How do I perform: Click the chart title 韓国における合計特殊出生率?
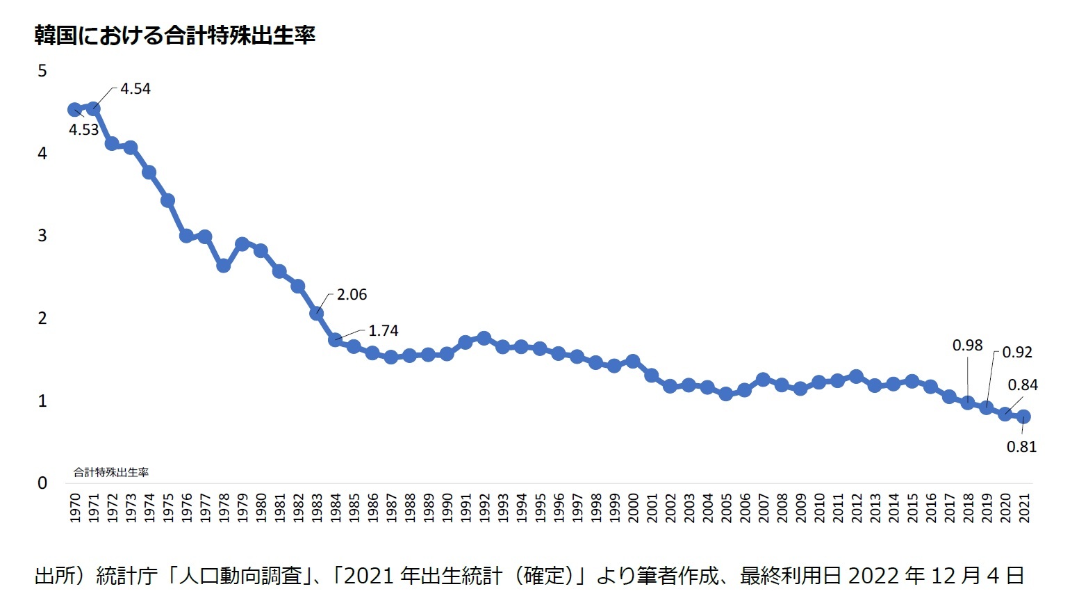pyautogui.click(x=174, y=35)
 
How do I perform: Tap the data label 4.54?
pyautogui.click(x=135, y=89)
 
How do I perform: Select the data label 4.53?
pyautogui.click(x=83, y=130)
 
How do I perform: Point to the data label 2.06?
pyautogui.click(x=352, y=295)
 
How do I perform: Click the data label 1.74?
pyautogui.click(x=384, y=331)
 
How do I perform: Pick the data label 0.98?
pyautogui.click(x=967, y=346)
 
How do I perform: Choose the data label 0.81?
pyautogui.click(x=1021, y=447)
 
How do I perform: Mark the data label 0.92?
pyautogui.click(x=1017, y=353)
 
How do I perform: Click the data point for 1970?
pyautogui.click(x=74, y=110)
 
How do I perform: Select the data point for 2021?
pyautogui.click(x=1023, y=417)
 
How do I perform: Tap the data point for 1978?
pyautogui.click(x=223, y=266)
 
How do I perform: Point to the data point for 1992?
pyautogui.click(x=484, y=339)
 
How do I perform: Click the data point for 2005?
pyautogui.click(x=726, y=394)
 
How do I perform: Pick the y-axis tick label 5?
pyautogui.click(x=42, y=71)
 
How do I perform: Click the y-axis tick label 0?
pyautogui.click(x=42, y=483)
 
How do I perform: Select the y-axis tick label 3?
pyautogui.click(x=42, y=236)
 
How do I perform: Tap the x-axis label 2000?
pyautogui.click(x=633, y=508)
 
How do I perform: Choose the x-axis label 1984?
pyautogui.click(x=336, y=508)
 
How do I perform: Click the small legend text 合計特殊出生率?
pyautogui.click(x=111, y=472)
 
